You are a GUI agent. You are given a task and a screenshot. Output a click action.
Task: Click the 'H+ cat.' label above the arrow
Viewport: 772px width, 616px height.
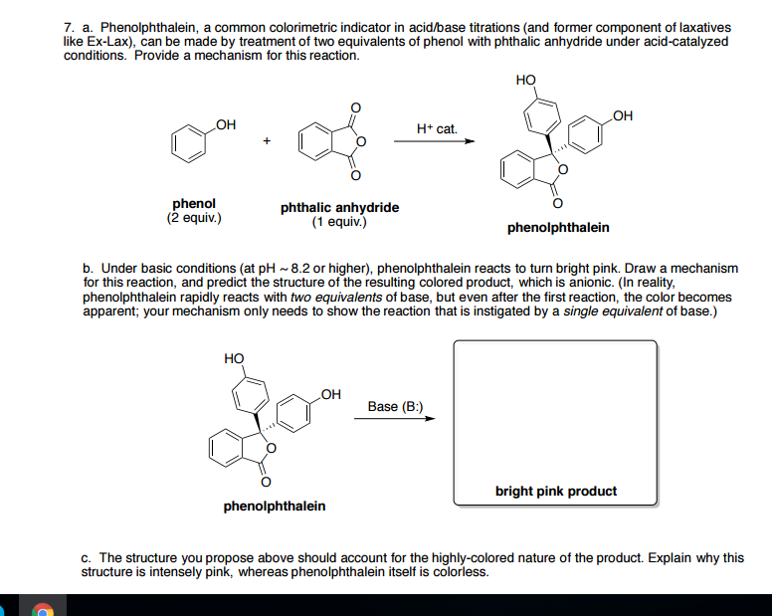pos(437,129)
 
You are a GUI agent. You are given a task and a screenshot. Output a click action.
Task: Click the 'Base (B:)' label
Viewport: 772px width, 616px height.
pos(395,406)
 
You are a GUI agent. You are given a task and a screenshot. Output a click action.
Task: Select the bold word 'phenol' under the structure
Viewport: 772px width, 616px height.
pos(194,203)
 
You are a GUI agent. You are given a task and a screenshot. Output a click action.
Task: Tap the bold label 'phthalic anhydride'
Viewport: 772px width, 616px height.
pos(339,207)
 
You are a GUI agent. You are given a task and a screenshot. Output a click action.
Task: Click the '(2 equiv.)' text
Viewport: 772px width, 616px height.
pos(194,217)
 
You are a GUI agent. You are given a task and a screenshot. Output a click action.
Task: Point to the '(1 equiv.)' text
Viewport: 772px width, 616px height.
pos(339,221)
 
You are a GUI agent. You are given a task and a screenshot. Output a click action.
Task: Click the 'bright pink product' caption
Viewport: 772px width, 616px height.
pos(555,491)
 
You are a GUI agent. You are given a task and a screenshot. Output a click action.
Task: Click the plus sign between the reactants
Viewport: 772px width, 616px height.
pos(267,141)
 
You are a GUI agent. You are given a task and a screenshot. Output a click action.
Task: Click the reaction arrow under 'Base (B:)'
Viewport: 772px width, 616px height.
pos(395,418)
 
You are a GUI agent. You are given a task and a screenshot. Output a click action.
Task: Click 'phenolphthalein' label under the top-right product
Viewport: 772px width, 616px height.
pos(558,228)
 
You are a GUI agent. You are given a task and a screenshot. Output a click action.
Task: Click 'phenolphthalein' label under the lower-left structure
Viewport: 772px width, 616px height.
pos(275,507)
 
